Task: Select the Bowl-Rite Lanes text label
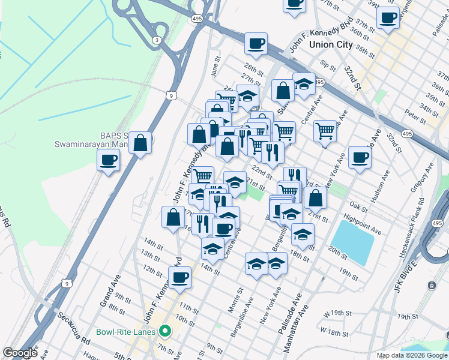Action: coord(126,331)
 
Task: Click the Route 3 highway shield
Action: coord(157,40)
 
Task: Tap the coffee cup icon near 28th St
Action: coord(256,44)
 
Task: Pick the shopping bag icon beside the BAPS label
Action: coord(140,143)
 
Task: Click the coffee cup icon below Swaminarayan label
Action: coord(108,161)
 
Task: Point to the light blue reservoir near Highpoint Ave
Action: coord(352,242)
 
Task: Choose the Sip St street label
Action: coord(327,64)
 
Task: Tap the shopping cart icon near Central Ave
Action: coord(325,130)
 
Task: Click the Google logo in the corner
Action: coord(20,353)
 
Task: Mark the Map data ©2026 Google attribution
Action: coord(412,355)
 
